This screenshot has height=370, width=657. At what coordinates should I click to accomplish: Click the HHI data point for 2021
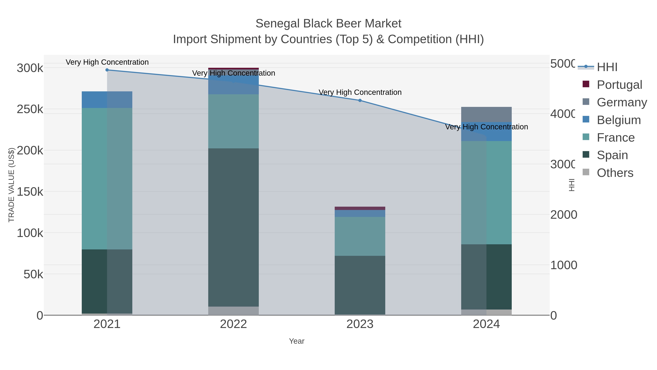pos(107,70)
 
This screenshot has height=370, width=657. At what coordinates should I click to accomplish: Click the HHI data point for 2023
pos(360,100)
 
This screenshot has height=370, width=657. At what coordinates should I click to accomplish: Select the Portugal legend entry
pos(619,85)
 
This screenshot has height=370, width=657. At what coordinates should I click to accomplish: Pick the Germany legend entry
pos(622,102)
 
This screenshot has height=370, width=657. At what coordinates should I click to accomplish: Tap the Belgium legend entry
pos(618,120)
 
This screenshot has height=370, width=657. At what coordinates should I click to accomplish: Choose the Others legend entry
pos(615,173)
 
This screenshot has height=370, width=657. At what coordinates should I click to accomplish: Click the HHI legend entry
pos(607,67)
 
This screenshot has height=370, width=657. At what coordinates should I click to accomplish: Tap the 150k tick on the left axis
pos(30,192)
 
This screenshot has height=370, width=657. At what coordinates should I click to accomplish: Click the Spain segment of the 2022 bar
pos(233,227)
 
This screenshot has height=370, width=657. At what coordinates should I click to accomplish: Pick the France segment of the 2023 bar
pos(360,236)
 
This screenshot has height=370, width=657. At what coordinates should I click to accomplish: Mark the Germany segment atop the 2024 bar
pos(486,114)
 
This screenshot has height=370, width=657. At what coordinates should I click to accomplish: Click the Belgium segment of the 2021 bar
pos(107,100)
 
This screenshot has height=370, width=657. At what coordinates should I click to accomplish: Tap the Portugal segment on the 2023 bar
pos(360,208)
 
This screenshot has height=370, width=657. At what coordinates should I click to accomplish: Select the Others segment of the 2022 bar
pos(233,311)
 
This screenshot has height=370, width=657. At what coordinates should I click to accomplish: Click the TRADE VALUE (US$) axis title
pos(11,185)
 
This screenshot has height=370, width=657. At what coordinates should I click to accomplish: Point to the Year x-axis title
pos(297,341)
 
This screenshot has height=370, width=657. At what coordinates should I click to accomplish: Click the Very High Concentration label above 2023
pos(360,92)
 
